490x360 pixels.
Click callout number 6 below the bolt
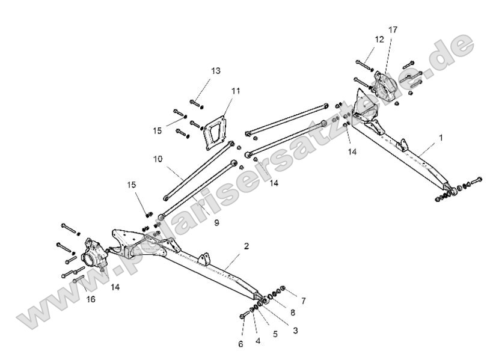click(240, 344)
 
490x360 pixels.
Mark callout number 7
click(302, 300)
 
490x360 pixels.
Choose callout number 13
click(215, 70)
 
